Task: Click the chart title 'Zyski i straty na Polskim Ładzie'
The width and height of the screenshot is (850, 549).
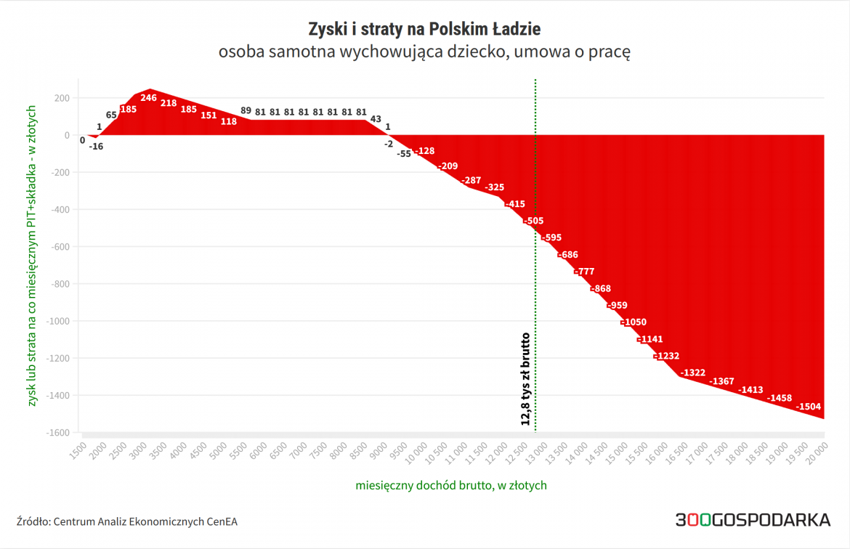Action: point(425,30)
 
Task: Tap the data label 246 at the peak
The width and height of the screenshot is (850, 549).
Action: point(148,98)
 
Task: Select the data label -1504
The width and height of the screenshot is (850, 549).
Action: point(809,407)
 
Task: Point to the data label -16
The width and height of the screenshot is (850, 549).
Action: point(96,146)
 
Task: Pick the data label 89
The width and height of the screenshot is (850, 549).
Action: point(246,111)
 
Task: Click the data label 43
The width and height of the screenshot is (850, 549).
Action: point(376,119)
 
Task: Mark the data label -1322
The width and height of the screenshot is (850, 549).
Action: point(693,373)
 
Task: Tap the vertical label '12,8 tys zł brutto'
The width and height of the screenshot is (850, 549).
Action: point(525,378)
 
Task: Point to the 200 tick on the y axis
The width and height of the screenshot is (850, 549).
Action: point(62,98)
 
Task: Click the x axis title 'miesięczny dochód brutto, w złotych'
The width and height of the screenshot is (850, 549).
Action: point(451,485)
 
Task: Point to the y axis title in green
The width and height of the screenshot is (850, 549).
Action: point(31,255)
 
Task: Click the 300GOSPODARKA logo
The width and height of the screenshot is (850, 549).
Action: point(753,520)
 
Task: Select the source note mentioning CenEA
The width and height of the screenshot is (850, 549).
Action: point(127,521)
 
